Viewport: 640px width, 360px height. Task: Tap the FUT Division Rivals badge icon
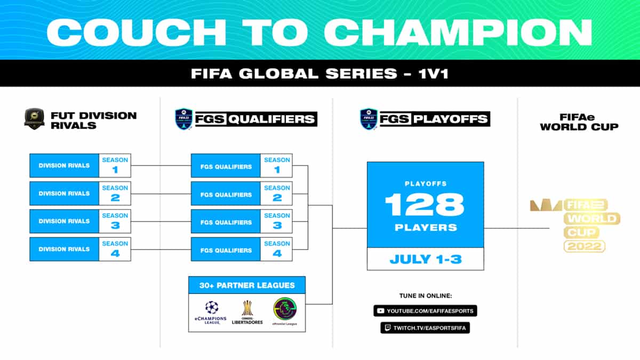point(34,118)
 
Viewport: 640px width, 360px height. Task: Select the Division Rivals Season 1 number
point(115,170)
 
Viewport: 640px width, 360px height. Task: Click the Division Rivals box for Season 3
point(64,221)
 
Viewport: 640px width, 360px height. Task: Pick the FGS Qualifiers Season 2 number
point(277,197)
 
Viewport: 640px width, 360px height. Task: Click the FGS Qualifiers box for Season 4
point(226,250)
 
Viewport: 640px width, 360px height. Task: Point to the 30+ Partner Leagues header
point(246,285)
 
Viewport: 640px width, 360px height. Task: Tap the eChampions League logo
point(212,313)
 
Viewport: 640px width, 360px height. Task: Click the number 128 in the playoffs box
point(425,205)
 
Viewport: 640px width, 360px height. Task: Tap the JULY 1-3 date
point(425,259)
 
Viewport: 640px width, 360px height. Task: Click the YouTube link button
point(425,310)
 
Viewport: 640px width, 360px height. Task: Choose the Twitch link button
point(425,327)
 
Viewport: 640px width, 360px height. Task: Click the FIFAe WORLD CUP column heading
point(579,122)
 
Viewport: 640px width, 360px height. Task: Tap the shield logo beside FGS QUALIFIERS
point(183,119)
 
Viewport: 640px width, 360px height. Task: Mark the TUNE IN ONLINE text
point(425,295)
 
